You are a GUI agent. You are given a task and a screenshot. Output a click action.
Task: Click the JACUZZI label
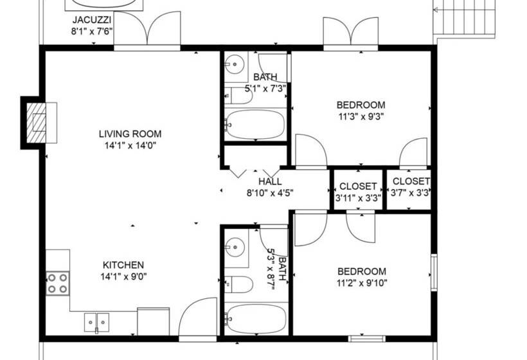click(x=94, y=19)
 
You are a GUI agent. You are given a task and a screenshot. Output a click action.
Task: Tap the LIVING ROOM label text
click(x=130, y=134)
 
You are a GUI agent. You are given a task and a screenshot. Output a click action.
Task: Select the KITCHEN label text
click(x=123, y=265)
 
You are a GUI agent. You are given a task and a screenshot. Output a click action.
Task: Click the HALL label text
click(x=269, y=182)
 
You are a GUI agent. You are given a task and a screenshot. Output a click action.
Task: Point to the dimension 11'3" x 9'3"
click(x=361, y=116)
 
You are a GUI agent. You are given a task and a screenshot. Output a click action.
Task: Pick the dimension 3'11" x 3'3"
click(x=358, y=198)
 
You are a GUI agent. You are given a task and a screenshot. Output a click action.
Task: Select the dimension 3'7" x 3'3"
click(x=410, y=192)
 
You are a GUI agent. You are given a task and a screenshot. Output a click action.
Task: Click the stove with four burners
click(x=57, y=283)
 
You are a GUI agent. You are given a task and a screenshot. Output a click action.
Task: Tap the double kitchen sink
click(x=97, y=320)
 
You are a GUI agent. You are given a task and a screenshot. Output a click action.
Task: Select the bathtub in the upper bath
click(x=255, y=124)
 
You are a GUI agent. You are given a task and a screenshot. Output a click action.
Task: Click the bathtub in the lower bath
click(x=255, y=318)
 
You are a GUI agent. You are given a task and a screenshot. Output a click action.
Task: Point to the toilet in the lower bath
click(x=233, y=283)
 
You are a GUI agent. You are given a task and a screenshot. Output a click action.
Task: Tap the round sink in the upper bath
click(x=235, y=64)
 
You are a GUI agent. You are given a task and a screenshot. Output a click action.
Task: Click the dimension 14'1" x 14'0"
click(x=130, y=145)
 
